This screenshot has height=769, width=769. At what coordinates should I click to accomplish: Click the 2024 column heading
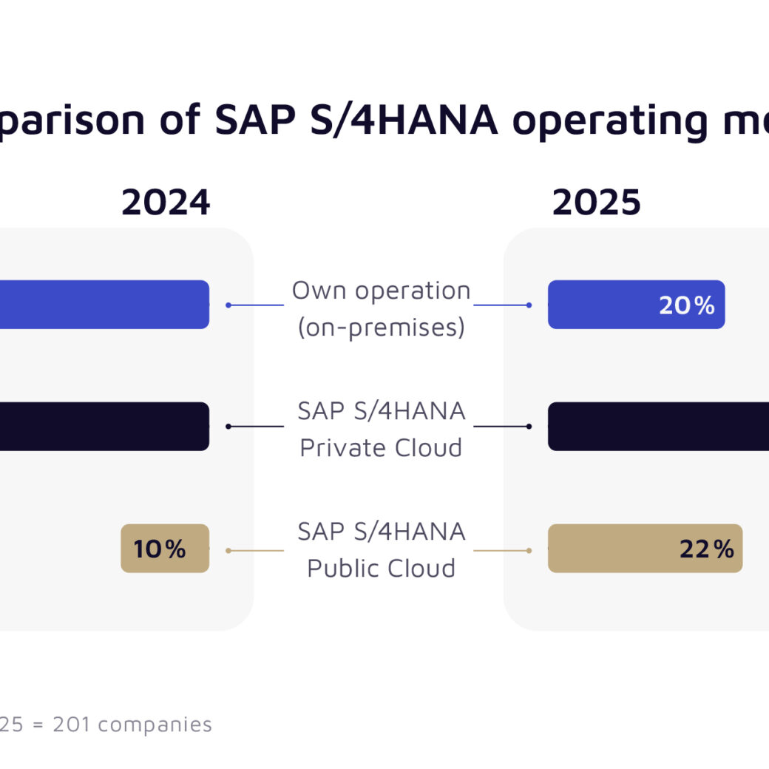(166, 203)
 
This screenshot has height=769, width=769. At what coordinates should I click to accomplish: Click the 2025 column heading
(596, 203)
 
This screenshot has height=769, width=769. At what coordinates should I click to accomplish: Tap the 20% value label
(687, 305)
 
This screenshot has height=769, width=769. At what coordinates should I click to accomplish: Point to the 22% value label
(706, 549)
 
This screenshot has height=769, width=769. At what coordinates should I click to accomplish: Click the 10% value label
(160, 549)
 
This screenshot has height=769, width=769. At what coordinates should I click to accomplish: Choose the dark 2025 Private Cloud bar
(658, 427)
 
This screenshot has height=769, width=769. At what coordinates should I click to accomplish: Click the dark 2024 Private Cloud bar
(104, 427)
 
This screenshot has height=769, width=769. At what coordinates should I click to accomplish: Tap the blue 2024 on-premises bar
(104, 305)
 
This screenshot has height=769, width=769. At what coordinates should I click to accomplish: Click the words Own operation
(381, 291)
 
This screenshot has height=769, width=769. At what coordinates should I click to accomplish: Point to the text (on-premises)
(381, 327)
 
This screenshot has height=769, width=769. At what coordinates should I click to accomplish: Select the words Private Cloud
(381, 448)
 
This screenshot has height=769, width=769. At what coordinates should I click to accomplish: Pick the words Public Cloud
(381, 569)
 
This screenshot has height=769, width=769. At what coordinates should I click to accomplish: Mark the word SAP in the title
(250, 120)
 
